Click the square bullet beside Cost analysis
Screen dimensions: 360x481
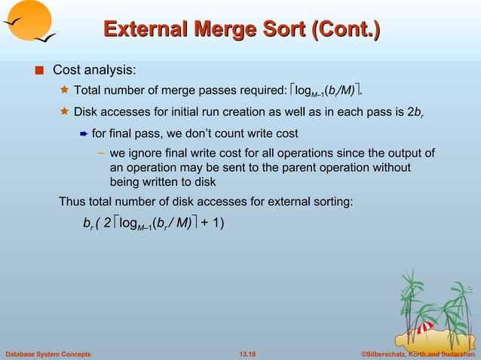(x=41, y=71)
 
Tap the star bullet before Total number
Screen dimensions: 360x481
(x=64, y=92)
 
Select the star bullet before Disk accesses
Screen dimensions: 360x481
(x=64, y=113)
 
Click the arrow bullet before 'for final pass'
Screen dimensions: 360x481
(x=84, y=134)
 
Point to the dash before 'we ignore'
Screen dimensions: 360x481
(x=101, y=154)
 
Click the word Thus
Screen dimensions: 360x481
(x=72, y=202)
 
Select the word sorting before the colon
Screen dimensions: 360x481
(x=331, y=202)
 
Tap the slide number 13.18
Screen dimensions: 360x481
(x=247, y=353)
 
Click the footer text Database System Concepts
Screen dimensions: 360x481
(x=48, y=353)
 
